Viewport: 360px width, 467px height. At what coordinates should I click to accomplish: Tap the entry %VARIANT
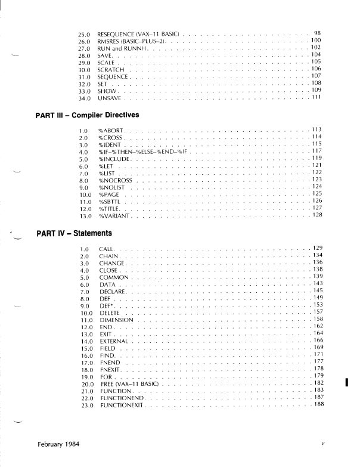pyautogui.click(x=114, y=215)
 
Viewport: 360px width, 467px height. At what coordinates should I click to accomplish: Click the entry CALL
pyautogui.click(x=106, y=248)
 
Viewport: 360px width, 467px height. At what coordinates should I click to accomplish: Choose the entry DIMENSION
pyautogui.click(x=117, y=320)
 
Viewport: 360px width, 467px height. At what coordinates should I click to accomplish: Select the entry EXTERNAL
pyautogui.click(x=113, y=341)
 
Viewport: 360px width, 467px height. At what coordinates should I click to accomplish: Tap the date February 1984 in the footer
pyautogui.click(x=60, y=444)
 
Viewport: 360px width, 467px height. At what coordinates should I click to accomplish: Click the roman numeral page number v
pyautogui.click(x=322, y=444)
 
